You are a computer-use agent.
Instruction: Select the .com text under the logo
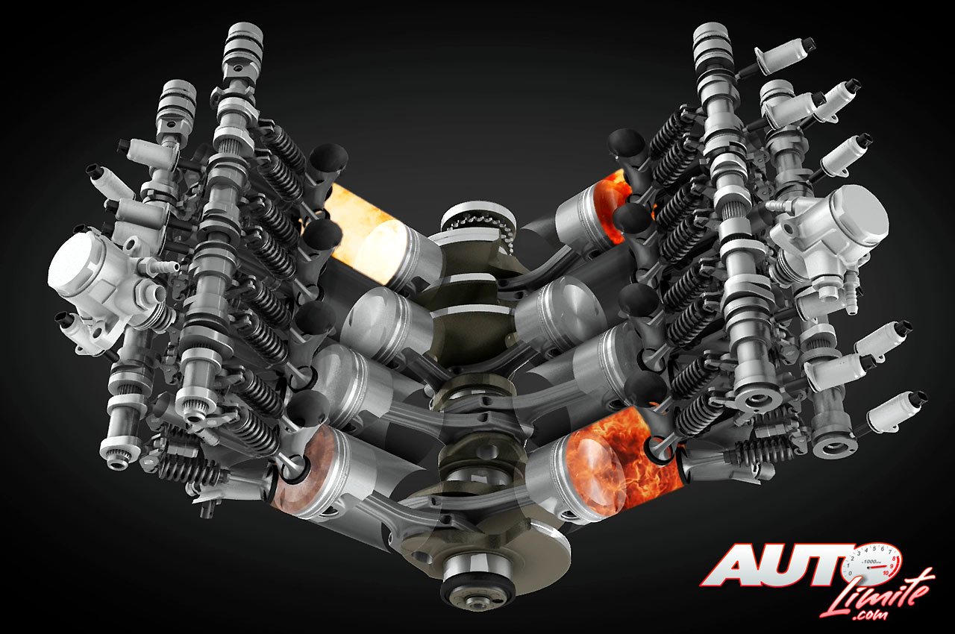click(x=870, y=615)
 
